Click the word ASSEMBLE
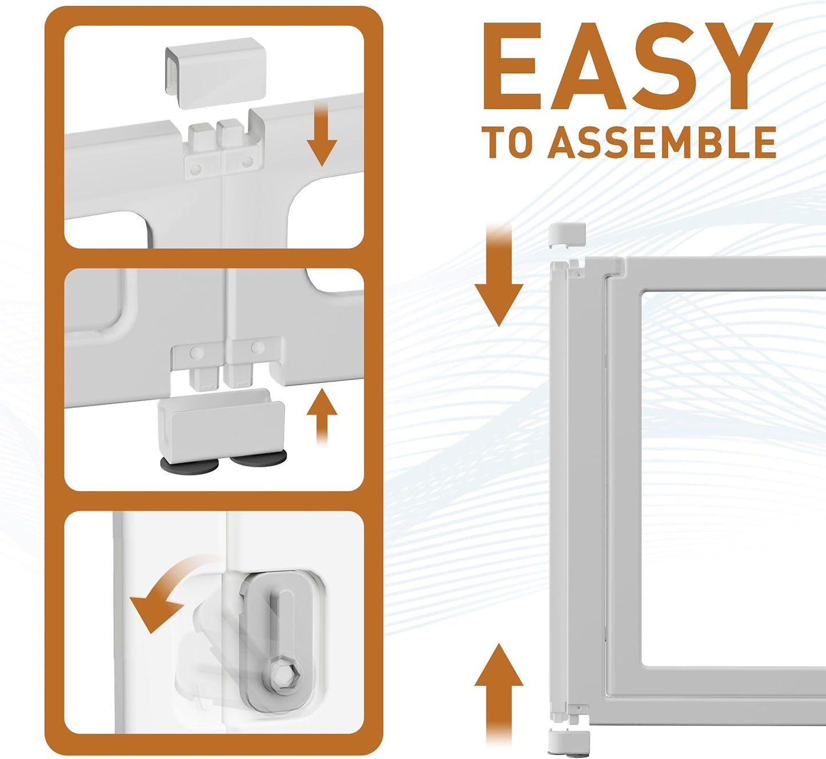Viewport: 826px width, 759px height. click(662, 142)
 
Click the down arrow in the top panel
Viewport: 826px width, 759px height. click(322, 135)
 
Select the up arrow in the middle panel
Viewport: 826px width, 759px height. click(322, 417)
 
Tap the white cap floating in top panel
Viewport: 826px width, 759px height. click(216, 73)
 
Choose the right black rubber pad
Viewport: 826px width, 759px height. click(258, 458)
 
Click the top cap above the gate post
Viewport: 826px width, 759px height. click(567, 235)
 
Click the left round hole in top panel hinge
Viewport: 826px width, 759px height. click(196, 169)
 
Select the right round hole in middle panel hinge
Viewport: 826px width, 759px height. click(258, 348)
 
